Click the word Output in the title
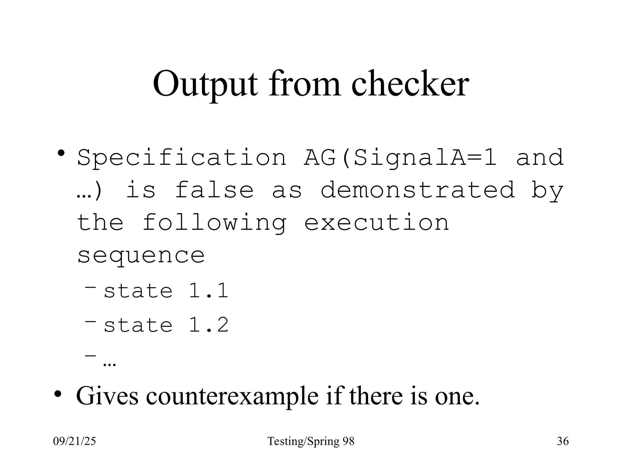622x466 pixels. click(x=205, y=84)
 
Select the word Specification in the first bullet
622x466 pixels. click(x=182, y=158)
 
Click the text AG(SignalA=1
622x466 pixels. click(x=400, y=158)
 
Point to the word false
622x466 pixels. click(x=214, y=190)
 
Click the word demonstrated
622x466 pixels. click(x=418, y=190)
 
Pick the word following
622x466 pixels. click(x=214, y=223)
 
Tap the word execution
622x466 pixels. click(x=377, y=223)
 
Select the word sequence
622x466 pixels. click(x=141, y=255)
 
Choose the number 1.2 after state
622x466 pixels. click(x=208, y=325)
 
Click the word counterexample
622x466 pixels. click(x=232, y=396)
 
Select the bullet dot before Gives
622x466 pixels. click(x=58, y=394)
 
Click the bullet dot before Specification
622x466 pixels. click(x=61, y=153)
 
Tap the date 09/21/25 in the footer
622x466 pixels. click(x=74, y=441)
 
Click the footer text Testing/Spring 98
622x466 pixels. click(x=311, y=441)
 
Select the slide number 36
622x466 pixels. click(x=563, y=441)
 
